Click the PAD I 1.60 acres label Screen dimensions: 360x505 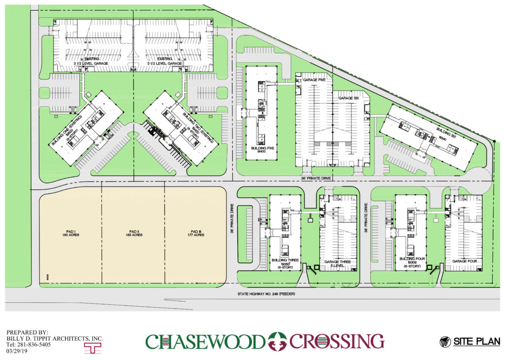[x=71, y=233]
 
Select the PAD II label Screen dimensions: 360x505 [x=134, y=233]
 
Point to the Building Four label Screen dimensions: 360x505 [x=411, y=262]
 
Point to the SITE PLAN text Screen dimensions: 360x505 [x=476, y=341]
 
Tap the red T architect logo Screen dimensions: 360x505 [x=90, y=348]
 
